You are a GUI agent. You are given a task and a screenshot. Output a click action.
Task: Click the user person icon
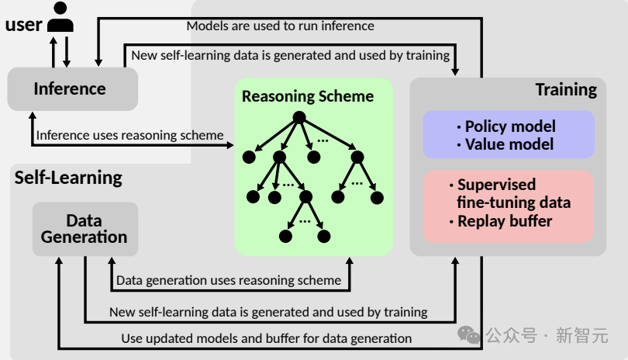(60, 18)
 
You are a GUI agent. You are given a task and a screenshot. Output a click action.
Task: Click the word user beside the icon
(23, 24)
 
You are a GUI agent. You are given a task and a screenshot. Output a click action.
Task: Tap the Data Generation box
(85, 229)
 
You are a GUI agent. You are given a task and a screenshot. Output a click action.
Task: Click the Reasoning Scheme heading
(308, 96)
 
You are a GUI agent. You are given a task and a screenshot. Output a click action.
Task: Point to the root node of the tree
(299, 119)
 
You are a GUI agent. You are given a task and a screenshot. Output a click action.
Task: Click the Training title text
(566, 89)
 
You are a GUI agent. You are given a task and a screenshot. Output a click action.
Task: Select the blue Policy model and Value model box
(509, 134)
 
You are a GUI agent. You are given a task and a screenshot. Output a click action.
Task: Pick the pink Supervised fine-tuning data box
(509, 203)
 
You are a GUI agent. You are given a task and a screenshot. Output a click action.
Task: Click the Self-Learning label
(68, 178)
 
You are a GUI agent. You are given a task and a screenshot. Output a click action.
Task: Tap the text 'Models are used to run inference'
(280, 26)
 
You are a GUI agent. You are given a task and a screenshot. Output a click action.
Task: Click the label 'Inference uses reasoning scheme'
(129, 135)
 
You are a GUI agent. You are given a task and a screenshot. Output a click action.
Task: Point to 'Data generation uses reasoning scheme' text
(228, 280)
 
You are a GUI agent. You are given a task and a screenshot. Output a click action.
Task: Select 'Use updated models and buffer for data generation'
(266, 338)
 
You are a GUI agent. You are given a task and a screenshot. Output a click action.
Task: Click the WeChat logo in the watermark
(468, 334)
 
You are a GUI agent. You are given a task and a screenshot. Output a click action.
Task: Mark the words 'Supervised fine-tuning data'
(513, 194)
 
